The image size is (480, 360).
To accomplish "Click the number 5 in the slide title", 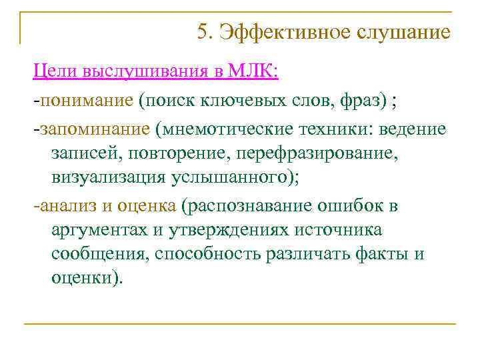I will [x=203, y=31].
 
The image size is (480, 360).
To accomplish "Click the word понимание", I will [x=86, y=101].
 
